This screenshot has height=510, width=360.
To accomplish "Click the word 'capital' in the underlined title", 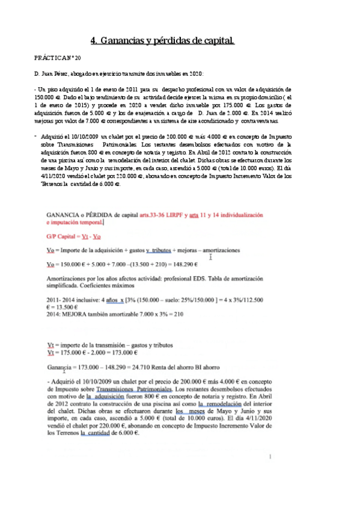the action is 216,40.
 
